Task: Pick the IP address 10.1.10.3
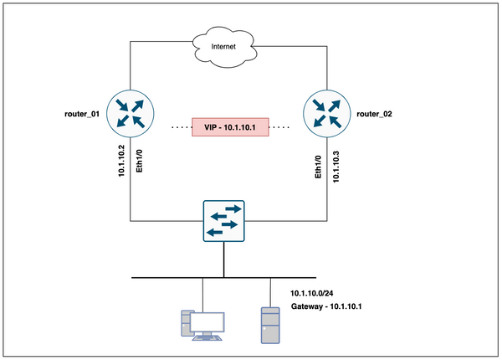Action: click(x=337, y=166)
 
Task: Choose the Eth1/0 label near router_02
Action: click(x=317, y=167)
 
